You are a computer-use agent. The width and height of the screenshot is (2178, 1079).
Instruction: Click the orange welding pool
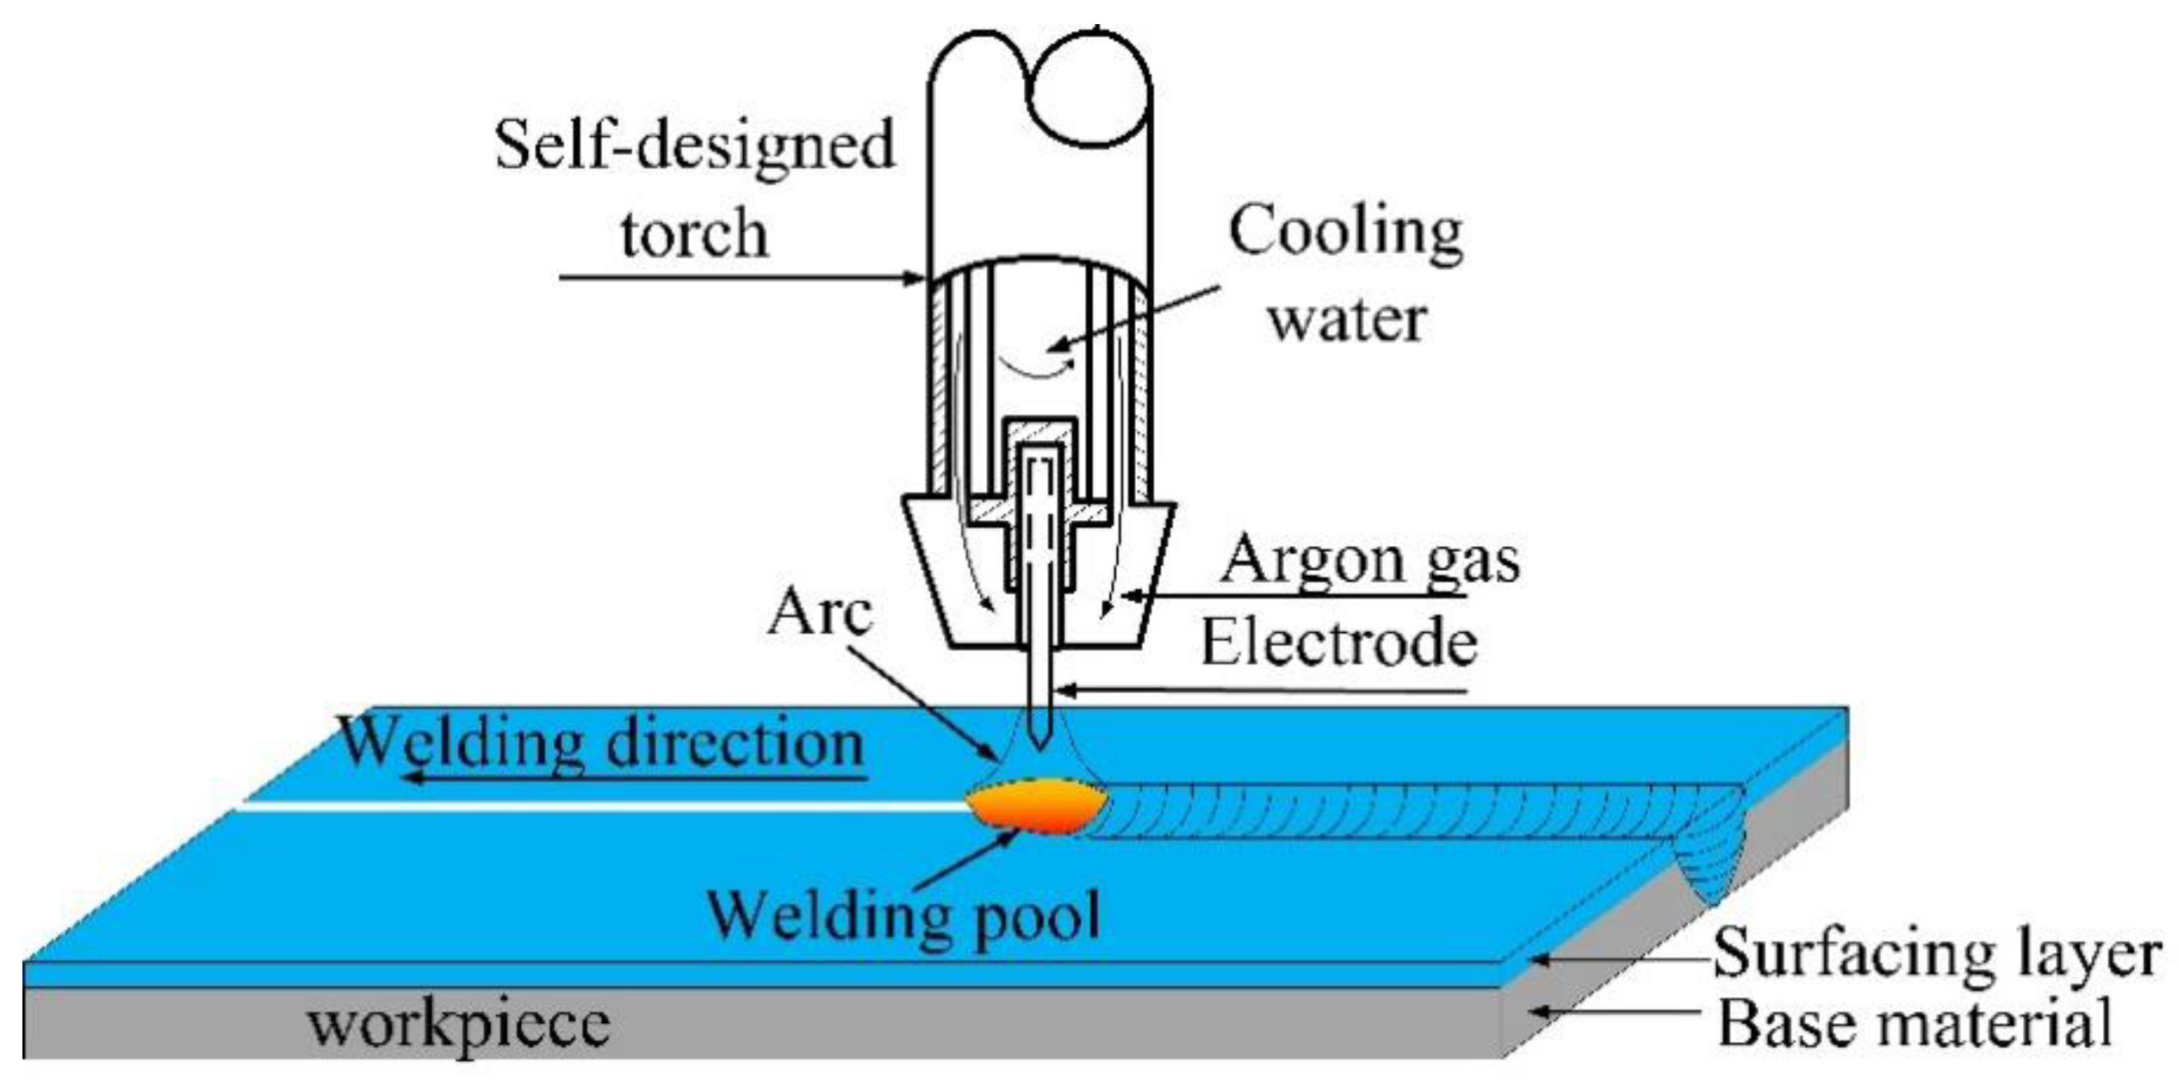1037,806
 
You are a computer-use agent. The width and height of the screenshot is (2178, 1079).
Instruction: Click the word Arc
819,613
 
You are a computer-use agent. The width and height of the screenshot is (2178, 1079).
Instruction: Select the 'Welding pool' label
903,915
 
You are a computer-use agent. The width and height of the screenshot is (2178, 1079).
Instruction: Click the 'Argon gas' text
1369,561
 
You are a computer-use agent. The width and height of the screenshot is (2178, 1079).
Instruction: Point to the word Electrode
1339,643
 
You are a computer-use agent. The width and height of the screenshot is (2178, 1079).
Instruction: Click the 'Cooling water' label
1346,274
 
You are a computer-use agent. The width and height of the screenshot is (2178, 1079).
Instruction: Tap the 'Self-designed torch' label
694,189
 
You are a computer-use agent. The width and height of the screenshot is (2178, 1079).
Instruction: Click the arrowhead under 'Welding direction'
414,778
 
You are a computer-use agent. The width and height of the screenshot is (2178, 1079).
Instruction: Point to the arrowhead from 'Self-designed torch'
916,278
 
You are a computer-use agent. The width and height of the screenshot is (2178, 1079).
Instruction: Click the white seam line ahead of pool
603,805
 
